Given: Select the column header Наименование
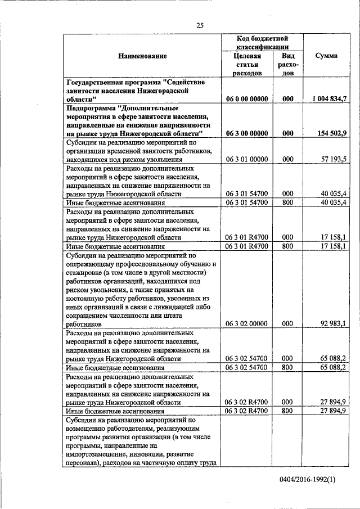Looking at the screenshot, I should pos(142,56).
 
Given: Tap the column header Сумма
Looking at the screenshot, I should pos(326,56).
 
